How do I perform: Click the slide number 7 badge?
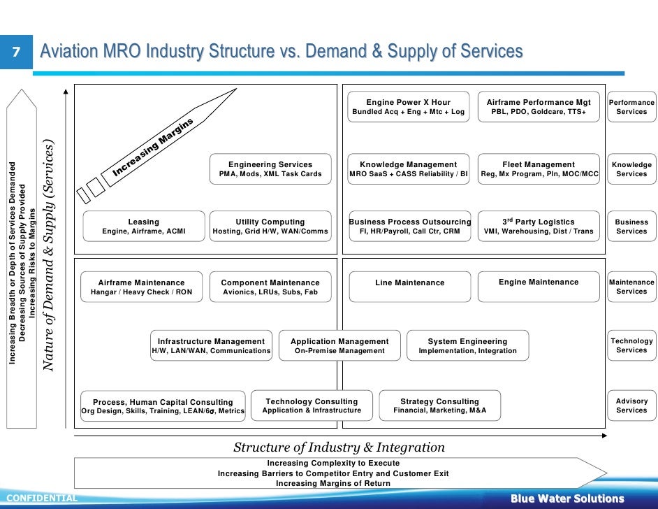(x=15, y=52)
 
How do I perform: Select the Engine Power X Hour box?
(x=409, y=107)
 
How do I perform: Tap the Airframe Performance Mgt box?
(x=539, y=107)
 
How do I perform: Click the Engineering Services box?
(x=270, y=169)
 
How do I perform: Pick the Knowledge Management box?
(x=409, y=169)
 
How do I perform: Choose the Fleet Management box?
(x=539, y=169)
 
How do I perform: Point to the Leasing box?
(x=144, y=227)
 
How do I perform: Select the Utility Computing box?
(x=270, y=227)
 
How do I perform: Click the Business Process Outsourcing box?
(x=410, y=227)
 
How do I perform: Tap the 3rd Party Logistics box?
(x=539, y=227)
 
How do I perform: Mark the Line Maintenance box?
(x=410, y=283)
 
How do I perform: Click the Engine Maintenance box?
(x=539, y=283)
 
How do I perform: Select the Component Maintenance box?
(x=270, y=287)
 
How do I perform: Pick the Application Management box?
(x=339, y=346)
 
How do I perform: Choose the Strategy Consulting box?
(x=440, y=406)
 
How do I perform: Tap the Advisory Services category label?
(x=631, y=406)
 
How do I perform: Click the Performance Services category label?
(x=631, y=107)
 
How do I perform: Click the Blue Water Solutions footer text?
(x=567, y=499)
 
